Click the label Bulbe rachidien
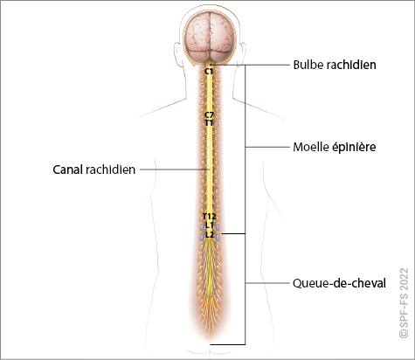click(335, 65)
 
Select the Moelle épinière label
click(335, 147)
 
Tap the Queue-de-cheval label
click(339, 283)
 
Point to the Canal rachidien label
click(94, 170)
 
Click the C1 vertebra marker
click(209, 71)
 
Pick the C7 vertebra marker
click(209, 114)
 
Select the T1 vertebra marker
click(209, 123)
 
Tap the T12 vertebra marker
click(210, 217)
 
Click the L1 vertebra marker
click(210, 225)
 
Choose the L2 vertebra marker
click(210, 234)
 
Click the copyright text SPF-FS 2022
click(404, 303)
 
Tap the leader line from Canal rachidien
click(175, 170)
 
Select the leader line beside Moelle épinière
click(267, 147)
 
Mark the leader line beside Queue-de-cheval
click(267, 283)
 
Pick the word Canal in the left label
click(67, 170)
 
